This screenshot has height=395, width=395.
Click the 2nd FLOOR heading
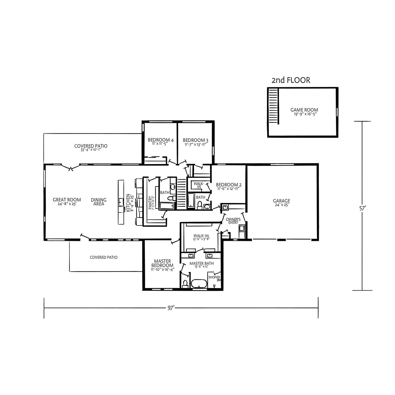291,80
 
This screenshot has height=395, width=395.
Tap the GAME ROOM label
304,110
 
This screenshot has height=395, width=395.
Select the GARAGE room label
282,201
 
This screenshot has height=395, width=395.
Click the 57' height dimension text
363,208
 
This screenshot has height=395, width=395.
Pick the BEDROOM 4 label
161,140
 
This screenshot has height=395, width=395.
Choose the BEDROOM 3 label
195,140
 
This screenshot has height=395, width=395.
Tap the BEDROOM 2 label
229,185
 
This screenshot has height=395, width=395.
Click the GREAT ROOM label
67,200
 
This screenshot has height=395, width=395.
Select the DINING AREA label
99,202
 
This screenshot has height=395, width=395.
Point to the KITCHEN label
128,203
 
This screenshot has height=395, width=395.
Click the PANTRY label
150,203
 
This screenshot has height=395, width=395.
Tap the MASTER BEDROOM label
162,263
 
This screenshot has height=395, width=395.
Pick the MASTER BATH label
201,264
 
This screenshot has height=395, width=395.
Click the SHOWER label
214,277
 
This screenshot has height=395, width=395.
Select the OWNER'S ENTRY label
233,221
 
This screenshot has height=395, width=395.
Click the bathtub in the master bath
199,284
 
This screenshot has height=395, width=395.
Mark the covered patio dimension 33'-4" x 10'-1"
91,150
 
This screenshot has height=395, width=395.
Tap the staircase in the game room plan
273,106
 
